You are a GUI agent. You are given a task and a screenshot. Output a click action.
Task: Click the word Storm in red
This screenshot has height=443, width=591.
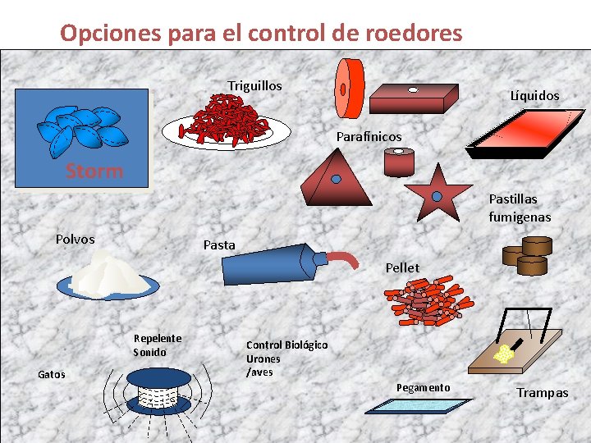[94, 171]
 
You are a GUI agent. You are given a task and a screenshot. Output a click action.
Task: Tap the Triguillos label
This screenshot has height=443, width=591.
[254, 86]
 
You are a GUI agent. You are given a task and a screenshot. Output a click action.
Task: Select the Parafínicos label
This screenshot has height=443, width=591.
[369, 136]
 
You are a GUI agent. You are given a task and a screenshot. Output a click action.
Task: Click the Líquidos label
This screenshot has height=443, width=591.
[534, 96]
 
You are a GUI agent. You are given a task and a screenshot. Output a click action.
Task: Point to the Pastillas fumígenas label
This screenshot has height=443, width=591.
[519, 208]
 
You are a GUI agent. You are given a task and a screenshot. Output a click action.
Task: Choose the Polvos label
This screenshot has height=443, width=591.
[75, 240]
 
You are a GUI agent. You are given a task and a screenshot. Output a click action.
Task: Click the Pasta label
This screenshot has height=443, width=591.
[218, 244]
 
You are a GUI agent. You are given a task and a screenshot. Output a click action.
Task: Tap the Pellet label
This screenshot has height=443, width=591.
[402, 267]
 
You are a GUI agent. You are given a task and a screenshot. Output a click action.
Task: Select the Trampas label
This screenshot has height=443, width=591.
[542, 393]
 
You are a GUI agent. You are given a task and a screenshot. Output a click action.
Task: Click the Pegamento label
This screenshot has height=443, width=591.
[423, 387]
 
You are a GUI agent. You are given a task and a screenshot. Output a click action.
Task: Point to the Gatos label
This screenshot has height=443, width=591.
[52, 374]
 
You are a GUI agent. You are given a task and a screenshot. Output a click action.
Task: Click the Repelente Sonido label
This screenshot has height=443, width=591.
[157, 345]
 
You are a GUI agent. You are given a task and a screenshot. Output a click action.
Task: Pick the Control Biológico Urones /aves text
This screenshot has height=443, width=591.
[286, 359]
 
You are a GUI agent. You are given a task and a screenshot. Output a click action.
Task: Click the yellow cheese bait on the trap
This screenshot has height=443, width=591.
[502, 353]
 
